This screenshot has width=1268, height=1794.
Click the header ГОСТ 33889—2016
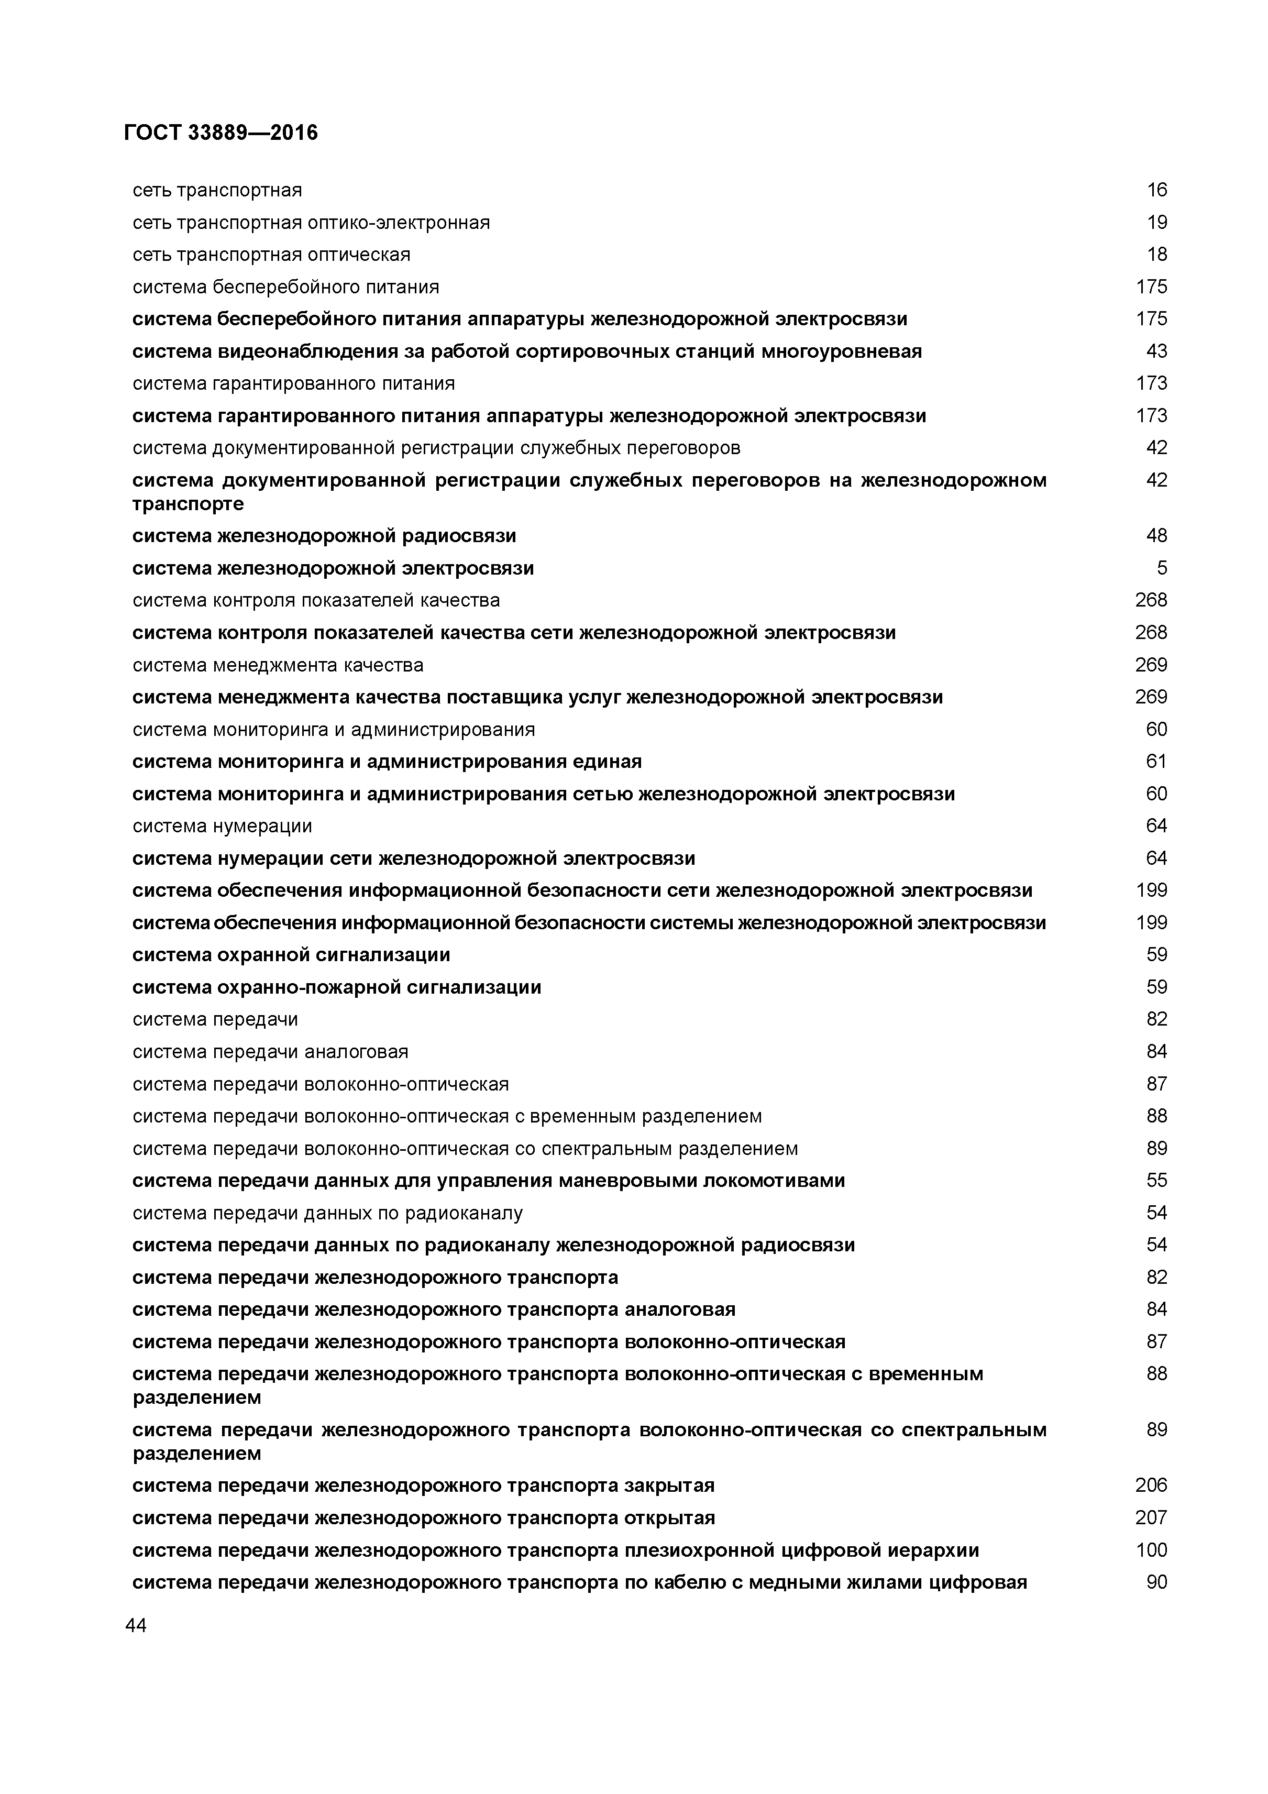(x=221, y=134)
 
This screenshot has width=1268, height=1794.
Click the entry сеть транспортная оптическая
(x=271, y=255)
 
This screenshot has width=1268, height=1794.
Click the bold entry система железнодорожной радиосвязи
(x=324, y=536)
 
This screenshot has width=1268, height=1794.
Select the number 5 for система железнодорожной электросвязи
(x=1162, y=568)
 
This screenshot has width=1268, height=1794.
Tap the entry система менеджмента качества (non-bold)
(x=278, y=665)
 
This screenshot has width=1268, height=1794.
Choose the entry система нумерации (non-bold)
(x=222, y=826)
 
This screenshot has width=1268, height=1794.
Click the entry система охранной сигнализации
(x=291, y=955)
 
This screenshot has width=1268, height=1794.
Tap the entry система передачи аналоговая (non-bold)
(x=270, y=1052)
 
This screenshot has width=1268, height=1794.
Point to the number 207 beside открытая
(x=1151, y=1517)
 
